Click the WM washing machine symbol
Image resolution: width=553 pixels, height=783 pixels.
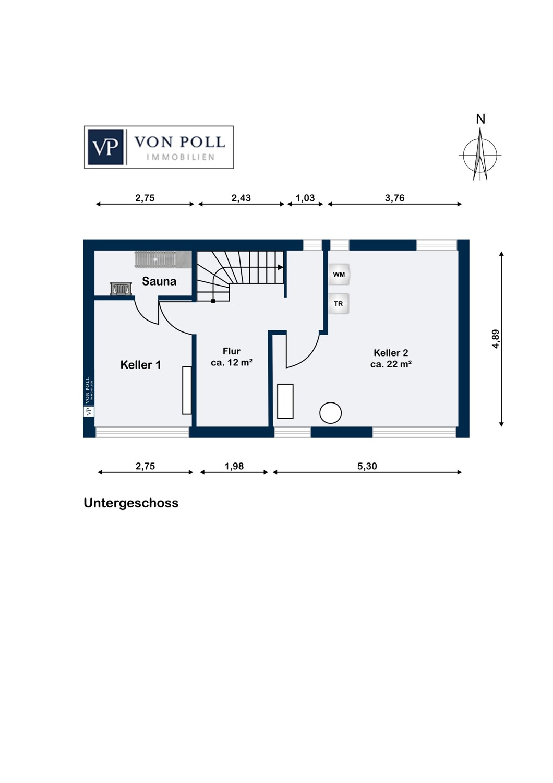[x=339, y=274]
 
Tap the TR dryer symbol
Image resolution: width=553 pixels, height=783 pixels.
[x=339, y=304]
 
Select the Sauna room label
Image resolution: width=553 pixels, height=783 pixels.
[x=159, y=281]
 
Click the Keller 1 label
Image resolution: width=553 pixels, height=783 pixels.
[x=140, y=365]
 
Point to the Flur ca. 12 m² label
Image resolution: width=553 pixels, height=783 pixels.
[x=232, y=357]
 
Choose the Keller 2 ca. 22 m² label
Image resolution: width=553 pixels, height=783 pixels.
[x=391, y=358]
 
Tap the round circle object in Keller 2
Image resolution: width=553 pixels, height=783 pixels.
[x=330, y=413]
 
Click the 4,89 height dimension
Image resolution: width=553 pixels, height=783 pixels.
[x=496, y=339]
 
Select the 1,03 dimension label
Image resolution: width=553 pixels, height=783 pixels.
[x=305, y=198]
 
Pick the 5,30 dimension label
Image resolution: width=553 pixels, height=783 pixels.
[x=367, y=466]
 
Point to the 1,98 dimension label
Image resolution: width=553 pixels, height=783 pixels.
[x=234, y=466]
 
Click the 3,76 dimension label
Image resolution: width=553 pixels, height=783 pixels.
[x=395, y=198]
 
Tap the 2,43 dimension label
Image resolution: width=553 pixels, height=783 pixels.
[x=241, y=198]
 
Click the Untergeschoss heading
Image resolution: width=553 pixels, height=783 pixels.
[x=131, y=503]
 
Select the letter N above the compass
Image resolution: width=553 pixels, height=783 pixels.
[x=480, y=119]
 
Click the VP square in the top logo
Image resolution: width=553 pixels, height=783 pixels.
[x=105, y=147]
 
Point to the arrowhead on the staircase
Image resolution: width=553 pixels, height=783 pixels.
[x=281, y=267]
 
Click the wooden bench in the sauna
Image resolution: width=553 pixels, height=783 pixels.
[x=163, y=259]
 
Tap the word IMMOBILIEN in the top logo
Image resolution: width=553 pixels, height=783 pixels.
[x=181, y=157]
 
